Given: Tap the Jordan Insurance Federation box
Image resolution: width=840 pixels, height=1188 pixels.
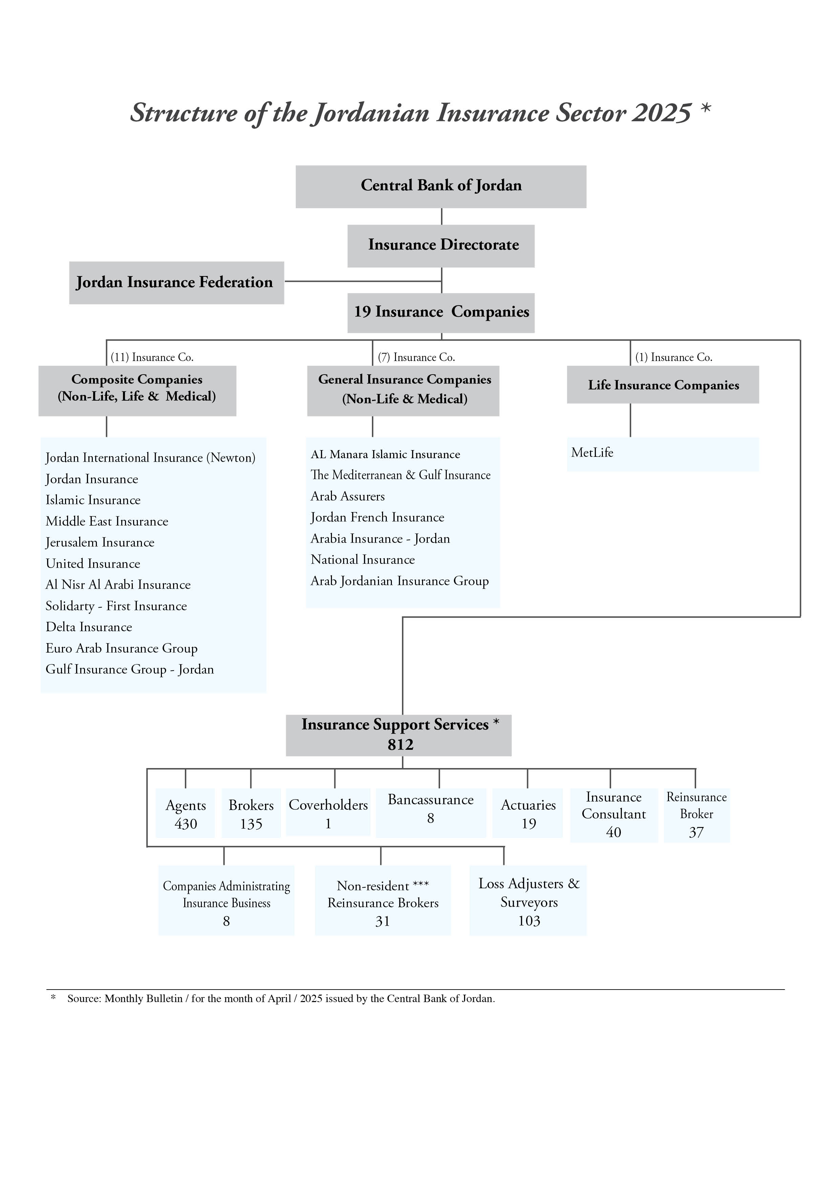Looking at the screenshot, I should pos(176,282).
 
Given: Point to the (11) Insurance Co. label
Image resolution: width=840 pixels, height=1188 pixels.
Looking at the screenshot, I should pos(152,357).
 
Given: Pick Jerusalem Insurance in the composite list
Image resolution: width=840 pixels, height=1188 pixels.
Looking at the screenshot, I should pos(100,542).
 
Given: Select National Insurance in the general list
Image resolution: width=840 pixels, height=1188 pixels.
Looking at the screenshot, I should pos(362,560).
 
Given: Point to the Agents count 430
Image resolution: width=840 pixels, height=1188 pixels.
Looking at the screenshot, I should pos(186,824).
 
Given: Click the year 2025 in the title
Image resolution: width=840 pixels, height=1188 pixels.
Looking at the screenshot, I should pos(661,113).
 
